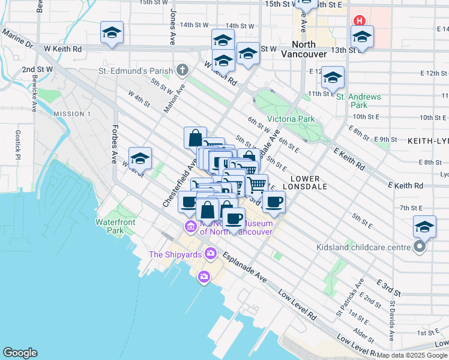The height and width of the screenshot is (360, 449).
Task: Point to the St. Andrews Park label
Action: (x=358, y=101)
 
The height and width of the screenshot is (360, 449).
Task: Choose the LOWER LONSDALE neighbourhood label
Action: (x=316, y=182)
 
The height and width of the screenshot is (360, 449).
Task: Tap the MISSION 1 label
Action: (x=71, y=114)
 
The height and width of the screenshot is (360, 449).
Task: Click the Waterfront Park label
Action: (x=115, y=226)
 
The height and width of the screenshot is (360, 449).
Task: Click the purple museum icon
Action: (x=190, y=226)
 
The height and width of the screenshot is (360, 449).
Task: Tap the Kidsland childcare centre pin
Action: (x=420, y=247)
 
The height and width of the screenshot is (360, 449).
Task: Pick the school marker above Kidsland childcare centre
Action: (x=424, y=227)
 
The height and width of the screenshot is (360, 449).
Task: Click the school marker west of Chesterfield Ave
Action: (x=140, y=158)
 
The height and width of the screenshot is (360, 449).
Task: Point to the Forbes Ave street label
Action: (x=113, y=144)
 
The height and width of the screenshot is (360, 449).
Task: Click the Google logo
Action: (x=20, y=353)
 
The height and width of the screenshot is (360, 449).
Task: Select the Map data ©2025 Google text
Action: (x=411, y=355)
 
